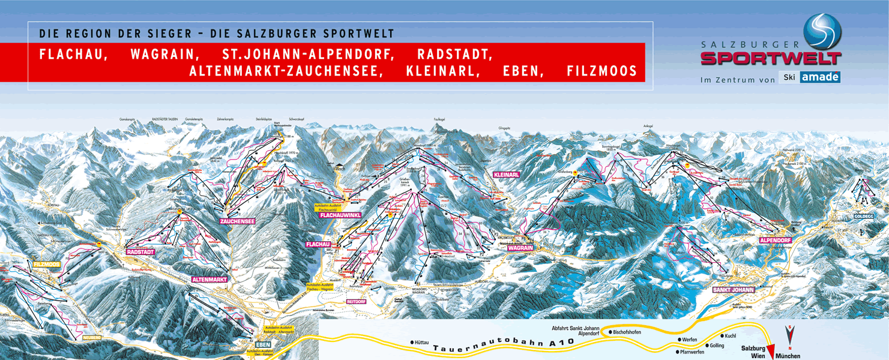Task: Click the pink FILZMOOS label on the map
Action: (46, 264)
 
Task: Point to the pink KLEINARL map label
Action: (505, 175)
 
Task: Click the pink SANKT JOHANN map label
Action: (733, 290)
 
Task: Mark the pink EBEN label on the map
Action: (263, 344)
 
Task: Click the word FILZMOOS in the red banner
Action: (601, 71)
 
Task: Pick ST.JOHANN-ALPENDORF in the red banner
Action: (309, 54)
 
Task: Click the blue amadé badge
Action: (819, 77)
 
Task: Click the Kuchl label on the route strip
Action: (730, 336)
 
